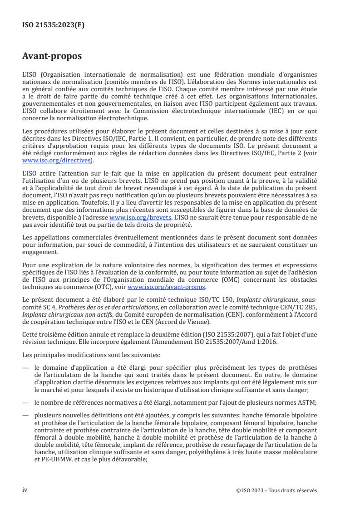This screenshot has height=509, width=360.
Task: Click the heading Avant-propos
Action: pyautogui.click(x=53, y=57)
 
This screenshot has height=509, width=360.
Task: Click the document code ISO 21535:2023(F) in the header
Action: pyautogui.click(x=54, y=25)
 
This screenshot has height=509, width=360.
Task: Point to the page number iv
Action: pyautogui.click(x=25, y=490)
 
